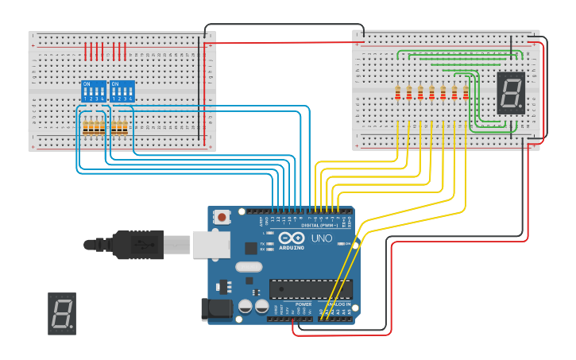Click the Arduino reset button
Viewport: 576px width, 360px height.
click(223, 216)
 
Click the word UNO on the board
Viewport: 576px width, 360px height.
click(321, 238)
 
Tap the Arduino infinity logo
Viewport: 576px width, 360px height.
click(291, 238)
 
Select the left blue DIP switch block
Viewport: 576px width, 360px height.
click(94, 91)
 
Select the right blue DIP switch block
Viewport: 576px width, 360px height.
click(122, 91)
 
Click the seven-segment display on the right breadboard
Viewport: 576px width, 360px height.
click(511, 92)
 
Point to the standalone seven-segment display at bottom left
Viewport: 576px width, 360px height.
click(62, 313)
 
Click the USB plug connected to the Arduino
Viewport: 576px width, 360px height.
click(143, 245)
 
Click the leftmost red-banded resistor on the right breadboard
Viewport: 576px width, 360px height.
click(398, 93)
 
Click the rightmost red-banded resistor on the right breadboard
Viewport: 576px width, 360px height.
click(466, 93)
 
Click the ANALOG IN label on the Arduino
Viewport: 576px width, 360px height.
click(338, 304)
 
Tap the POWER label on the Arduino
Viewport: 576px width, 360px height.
click(303, 304)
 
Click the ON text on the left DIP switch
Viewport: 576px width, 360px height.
click(87, 83)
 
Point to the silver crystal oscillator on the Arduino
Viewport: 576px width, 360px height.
click(248, 268)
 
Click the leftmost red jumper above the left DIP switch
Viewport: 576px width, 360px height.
click(86, 52)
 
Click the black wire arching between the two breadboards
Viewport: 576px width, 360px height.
click(284, 25)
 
